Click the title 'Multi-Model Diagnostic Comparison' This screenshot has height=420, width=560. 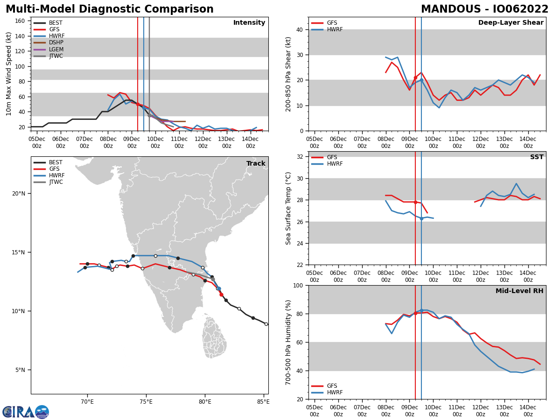pos(109,9)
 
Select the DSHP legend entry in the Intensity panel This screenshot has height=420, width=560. pos(56,42)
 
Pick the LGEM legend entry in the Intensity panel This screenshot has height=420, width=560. pos(56,49)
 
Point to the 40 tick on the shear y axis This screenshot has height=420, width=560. pos(300,29)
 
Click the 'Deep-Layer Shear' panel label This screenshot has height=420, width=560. pos(511,23)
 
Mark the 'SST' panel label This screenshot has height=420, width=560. pos(537,157)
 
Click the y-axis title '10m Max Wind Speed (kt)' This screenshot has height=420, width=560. pos(9,74)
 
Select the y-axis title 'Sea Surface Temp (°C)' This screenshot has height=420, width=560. pos(288,208)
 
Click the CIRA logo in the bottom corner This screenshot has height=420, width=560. pos(25,412)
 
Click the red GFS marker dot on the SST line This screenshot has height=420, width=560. pos(415,202)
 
